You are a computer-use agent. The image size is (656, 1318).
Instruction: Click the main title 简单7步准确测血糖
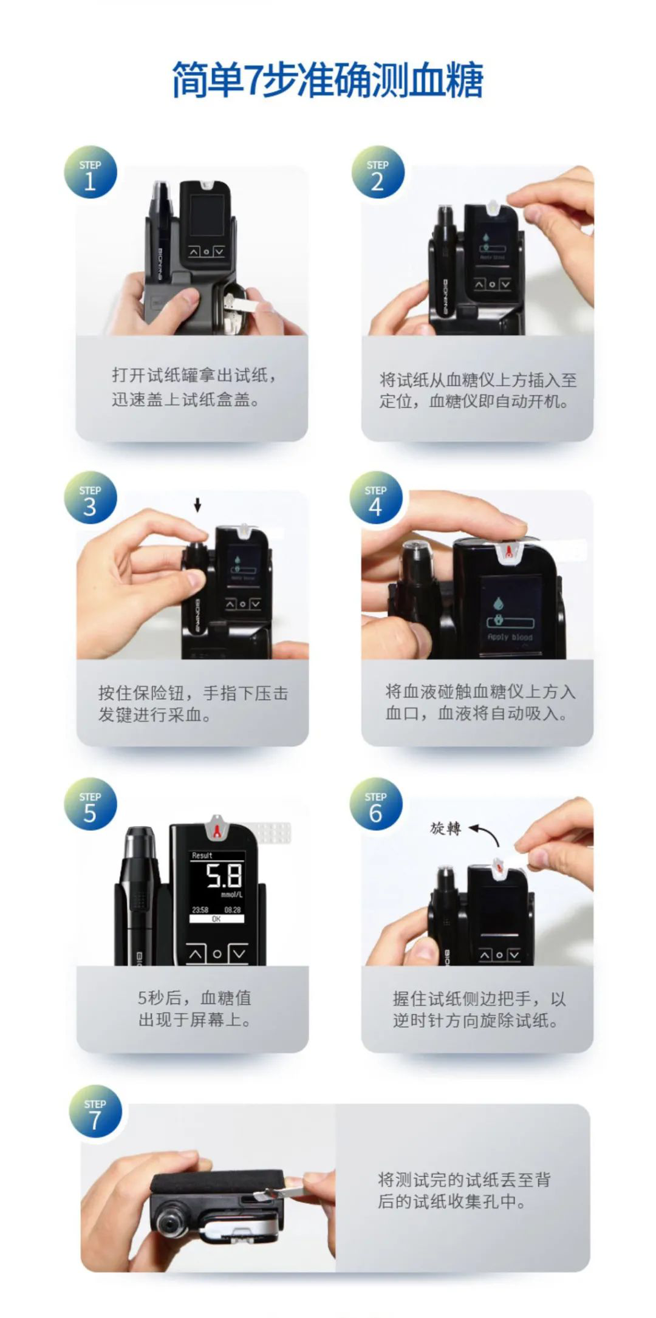click(327, 80)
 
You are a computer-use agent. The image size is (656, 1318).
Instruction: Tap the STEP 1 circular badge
click(91, 172)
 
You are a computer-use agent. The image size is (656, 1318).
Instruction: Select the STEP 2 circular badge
click(378, 172)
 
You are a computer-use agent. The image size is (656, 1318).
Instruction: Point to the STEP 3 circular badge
click(91, 497)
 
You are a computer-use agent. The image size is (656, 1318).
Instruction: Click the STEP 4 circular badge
click(376, 497)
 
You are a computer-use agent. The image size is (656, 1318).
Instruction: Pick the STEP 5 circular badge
click(91, 804)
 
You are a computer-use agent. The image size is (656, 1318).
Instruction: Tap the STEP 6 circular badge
click(376, 804)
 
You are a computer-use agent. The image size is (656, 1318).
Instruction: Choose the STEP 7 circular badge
click(95, 1111)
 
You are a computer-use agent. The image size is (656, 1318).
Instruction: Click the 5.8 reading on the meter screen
click(224, 876)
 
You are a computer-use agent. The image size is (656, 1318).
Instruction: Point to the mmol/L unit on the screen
click(231, 895)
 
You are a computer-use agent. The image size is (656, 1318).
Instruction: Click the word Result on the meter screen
click(202, 855)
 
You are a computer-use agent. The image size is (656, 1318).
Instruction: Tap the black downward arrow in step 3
click(197, 505)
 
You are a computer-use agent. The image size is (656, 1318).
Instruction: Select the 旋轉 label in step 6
click(445, 828)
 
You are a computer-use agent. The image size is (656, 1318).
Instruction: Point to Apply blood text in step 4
click(510, 637)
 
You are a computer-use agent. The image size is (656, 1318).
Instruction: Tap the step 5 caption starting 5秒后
click(194, 1008)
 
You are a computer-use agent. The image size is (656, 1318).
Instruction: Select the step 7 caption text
click(464, 1190)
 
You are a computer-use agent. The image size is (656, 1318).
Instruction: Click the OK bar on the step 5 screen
click(216, 919)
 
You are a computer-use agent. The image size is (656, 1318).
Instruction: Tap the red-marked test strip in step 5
click(217, 825)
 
